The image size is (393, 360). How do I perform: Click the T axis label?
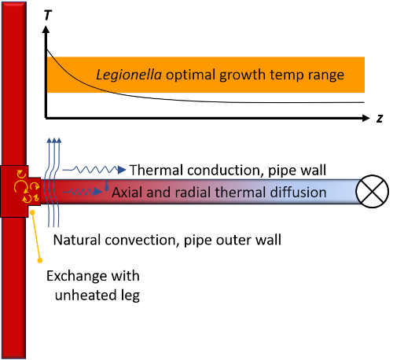pyautogui.click(x=48, y=15)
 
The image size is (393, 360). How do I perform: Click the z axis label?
pyautogui.click(x=380, y=119)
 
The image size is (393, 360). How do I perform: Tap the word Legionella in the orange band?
pyautogui.click(x=129, y=75)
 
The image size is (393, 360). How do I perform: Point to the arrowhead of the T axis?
pyautogui.click(x=46, y=29)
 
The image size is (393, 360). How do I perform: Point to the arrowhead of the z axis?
pyautogui.click(x=365, y=118)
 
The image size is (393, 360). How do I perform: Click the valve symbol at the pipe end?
pyautogui.click(x=372, y=192)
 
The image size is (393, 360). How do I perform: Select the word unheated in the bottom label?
pyautogui.click(x=86, y=296)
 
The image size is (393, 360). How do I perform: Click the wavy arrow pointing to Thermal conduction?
pyautogui.click(x=94, y=170)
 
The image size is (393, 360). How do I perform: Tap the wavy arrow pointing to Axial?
pyautogui.click(x=83, y=192)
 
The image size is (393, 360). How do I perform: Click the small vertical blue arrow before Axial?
pyautogui.click(x=106, y=186)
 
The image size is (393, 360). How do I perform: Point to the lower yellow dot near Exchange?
pyautogui.click(x=40, y=260)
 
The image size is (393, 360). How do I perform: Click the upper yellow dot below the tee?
pyautogui.click(x=32, y=212)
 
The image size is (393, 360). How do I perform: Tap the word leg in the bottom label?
pyautogui.click(x=130, y=296)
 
